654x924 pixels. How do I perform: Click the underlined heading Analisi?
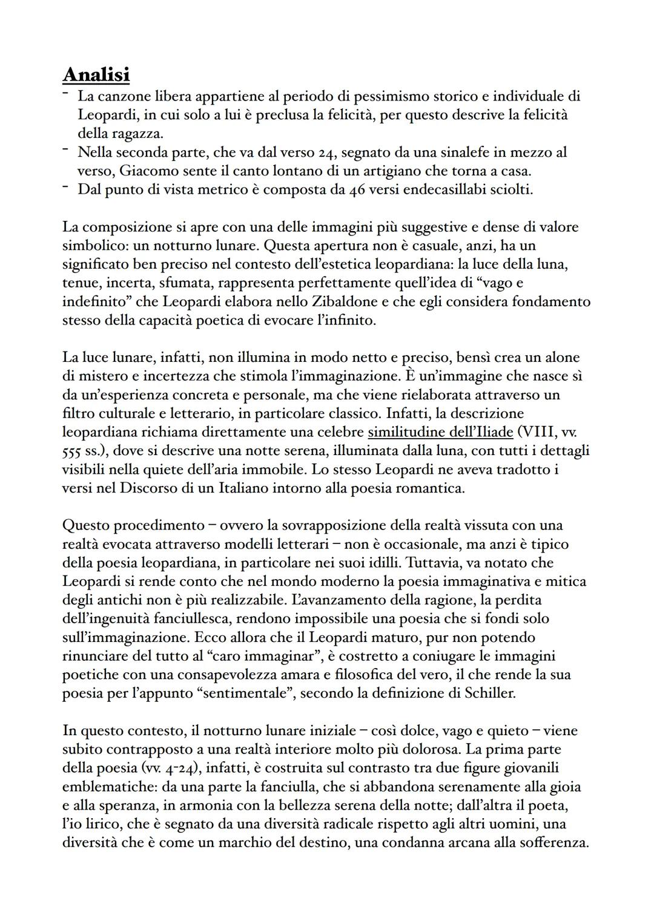click(96, 74)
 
